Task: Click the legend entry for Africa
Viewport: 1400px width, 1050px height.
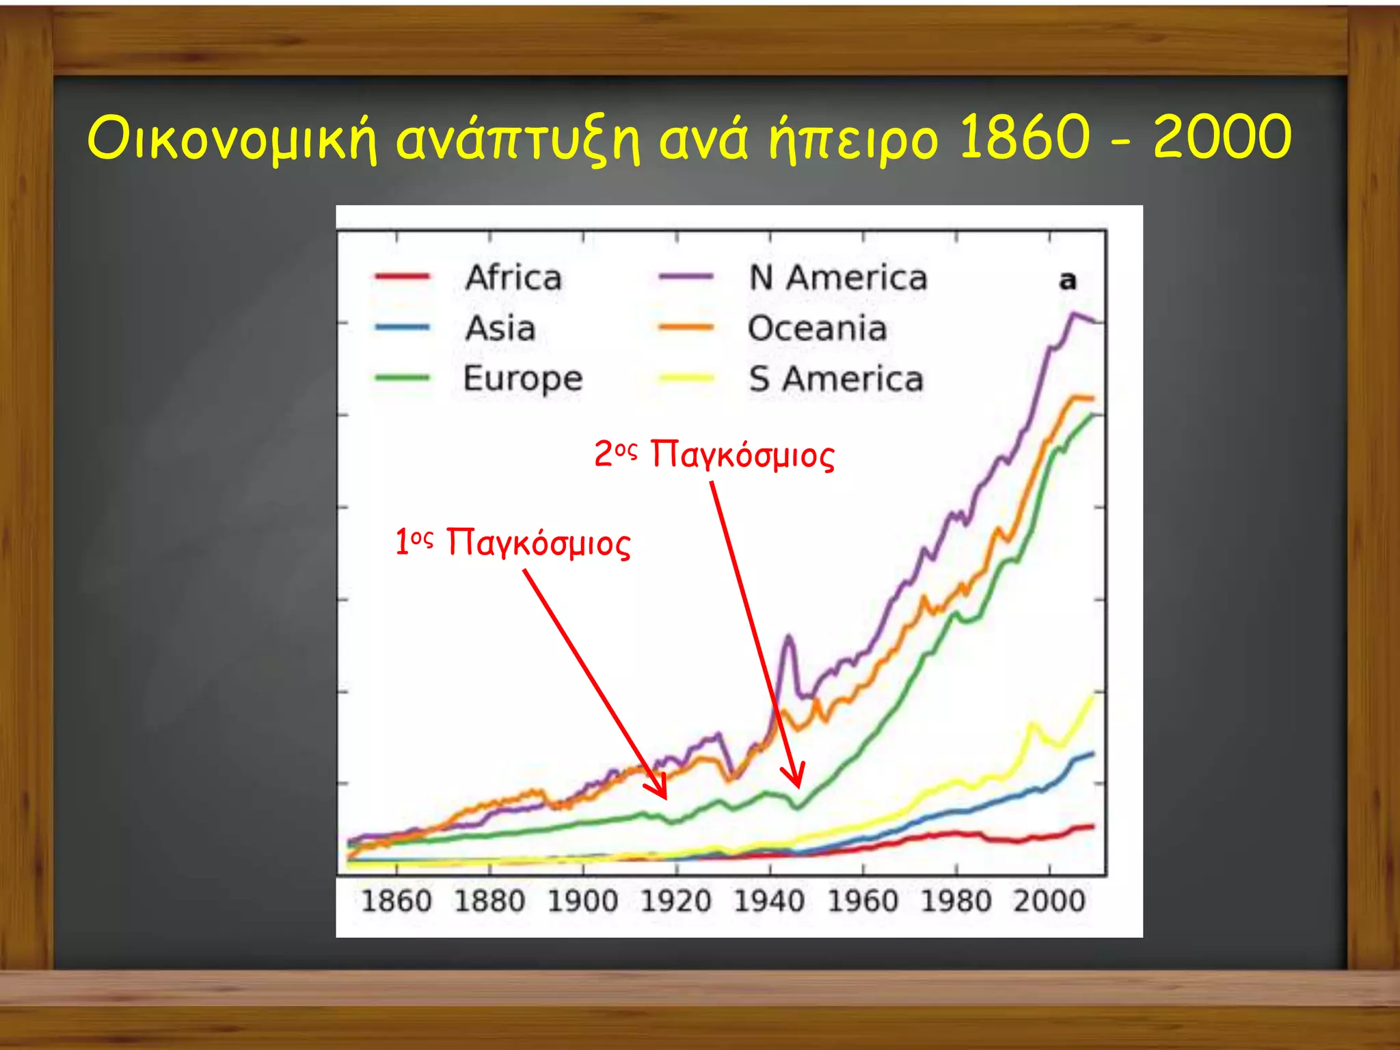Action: point(513,278)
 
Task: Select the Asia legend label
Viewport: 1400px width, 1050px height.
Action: point(500,328)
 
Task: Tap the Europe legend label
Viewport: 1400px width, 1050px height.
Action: point(523,379)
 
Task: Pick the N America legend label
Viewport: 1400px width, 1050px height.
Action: point(838,278)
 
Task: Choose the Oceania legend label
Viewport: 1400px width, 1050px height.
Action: point(818,328)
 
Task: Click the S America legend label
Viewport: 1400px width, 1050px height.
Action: point(836,379)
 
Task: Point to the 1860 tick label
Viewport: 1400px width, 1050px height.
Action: point(396,901)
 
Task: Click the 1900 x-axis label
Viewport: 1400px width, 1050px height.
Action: point(583,901)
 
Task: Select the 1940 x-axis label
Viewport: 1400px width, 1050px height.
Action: point(770,901)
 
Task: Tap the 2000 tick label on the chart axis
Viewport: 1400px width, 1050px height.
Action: point(1049,901)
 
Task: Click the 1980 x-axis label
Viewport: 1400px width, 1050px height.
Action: point(956,901)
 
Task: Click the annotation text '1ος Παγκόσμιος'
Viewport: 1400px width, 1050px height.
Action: point(513,543)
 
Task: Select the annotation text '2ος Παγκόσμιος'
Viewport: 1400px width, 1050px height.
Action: point(714,455)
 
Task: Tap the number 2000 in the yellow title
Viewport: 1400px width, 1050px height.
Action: point(1222,137)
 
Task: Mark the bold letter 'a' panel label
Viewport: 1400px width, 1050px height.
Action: point(1067,280)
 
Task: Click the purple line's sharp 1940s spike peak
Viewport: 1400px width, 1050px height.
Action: point(789,636)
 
